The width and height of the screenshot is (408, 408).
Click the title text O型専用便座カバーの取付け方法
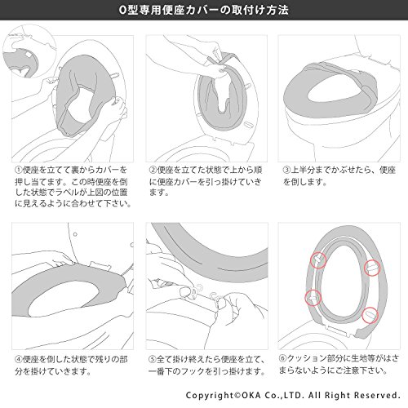click(x=204, y=10)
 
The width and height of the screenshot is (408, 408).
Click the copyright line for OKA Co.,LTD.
click(x=293, y=395)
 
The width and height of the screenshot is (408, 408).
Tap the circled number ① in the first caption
click(x=19, y=170)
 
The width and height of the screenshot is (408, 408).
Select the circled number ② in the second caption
click(x=153, y=170)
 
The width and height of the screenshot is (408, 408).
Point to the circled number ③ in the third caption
click(x=286, y=170)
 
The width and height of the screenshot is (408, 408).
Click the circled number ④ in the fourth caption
click(x=19, y=359)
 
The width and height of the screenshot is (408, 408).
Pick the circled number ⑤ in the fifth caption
click(x=153, y=359)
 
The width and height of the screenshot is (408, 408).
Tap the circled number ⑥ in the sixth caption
click(x=283, y=358)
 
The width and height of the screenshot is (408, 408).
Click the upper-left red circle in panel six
click(x=318, y=260)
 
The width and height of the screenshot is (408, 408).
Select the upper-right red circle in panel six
click(x=372, y=268)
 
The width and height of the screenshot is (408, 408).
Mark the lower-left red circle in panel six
click(x=313, y=297)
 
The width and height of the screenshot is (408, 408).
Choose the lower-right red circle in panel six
click(x=370, y=315)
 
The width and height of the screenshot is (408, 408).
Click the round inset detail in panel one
click(x=29, y=51)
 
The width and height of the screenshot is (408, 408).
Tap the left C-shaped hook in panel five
click(x=197, y=290)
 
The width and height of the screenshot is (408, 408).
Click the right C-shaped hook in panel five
click(x=214, y=297)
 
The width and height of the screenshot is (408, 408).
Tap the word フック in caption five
click(x=194, y=370)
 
